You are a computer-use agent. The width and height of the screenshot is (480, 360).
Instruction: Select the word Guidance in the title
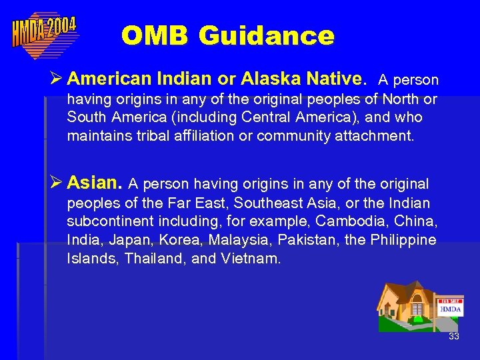coord(266,35)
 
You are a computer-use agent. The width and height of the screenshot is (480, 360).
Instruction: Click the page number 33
coord(454,336)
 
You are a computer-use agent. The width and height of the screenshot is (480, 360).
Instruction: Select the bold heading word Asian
coord(95,182)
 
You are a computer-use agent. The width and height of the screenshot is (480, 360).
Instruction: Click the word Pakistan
coord(301,240)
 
